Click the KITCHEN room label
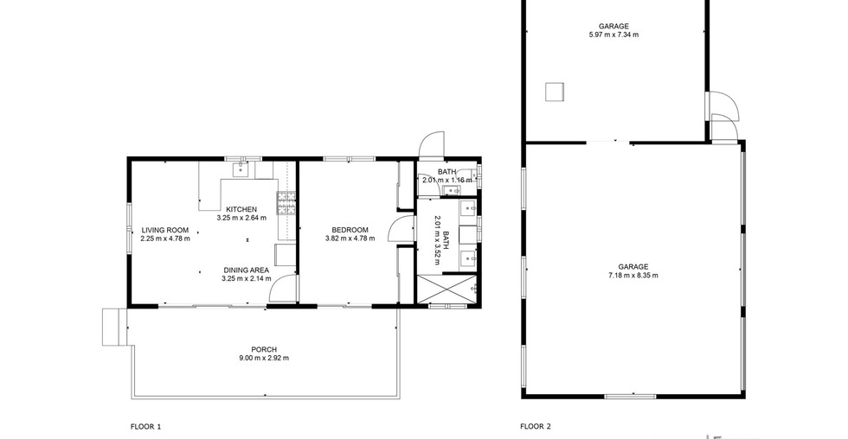pyautogui.click(x=241, y=209)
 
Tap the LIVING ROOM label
pyautogui.click(x=165, y=230)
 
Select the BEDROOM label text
pyautogui.click(x=350, y=230)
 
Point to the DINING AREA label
pyautogui.click(x=246, y=270)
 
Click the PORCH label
pyautogui.click(x=264, y=349)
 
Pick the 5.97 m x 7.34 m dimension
pyautogui.click(x=614, y=35)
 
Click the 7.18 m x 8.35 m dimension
pyautogui.click(x=633, y=276)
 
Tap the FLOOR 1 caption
pyautogui.click(x=146, y=427)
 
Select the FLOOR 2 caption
pyautogui.click(x=536, y=427)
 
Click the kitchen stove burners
pyautogui.click(x=286, y=203)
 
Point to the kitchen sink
pyautogui.click(x=241, y=169)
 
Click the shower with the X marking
pyautogui.click(x=446, y=289)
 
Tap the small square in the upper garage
pyautogui.click(x=555, y=92)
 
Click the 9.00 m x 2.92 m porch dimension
pyautogui.click(x=264, y=358)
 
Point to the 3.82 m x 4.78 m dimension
pyautogui.click(x=350, y=239)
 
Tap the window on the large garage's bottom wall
pyautogui.click(x=630, y=397)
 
